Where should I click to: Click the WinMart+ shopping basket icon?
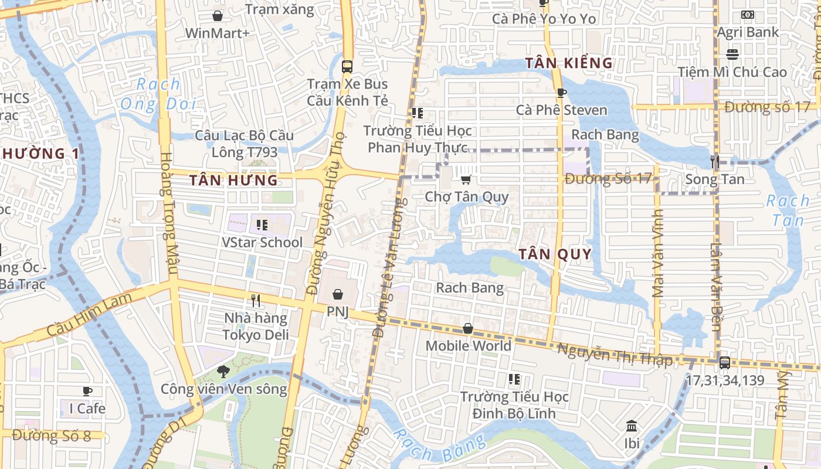[x=218, y=16]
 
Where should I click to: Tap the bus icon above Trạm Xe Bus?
[x=347, y=66]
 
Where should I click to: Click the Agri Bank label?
[x=748, y=32]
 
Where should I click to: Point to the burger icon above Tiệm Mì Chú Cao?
[x=732, y=55]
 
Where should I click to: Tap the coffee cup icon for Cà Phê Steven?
[x=561, y=93]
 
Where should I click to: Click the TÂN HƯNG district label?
[x=233, y=180]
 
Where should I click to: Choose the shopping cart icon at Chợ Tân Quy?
[x=466, y=179]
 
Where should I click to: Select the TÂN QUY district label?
[x=555, y=254]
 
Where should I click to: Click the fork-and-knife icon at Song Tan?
[x=714, y=162]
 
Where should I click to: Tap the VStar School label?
[x=262, y=242]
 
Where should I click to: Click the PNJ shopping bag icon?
[x=337, y=294]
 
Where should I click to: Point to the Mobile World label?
[x=468, y=346]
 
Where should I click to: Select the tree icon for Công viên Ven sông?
[x=223, y=371]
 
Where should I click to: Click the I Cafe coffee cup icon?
[x=87, y=391]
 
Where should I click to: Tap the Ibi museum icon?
[x=632, y=426]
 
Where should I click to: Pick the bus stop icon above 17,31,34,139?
[x=725, y=362]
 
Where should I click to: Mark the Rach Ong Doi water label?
[x=157, y=94]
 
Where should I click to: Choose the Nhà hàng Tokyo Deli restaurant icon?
[x=256, y=301]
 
